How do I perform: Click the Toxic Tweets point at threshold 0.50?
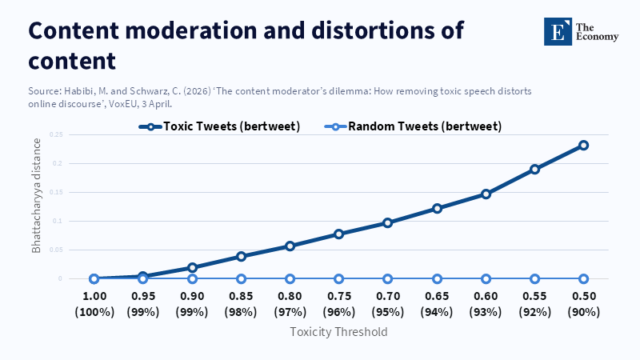pyautogui.click(x=583, y=146)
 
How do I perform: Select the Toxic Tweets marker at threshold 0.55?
pyautogui.click(x=534, y=170)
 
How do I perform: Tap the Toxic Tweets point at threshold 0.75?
pyautogui.click(x=338, y=234)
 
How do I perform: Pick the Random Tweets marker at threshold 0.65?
pyautogui.click(x=437, y=278)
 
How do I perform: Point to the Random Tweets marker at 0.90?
pyautogui.click(x=192, y=278)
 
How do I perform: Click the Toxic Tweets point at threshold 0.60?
pyautogui.click(x=486, y=194)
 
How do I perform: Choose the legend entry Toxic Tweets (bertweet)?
pyautogui.click(x=220, y=126)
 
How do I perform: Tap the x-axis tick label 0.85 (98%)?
pyautogui.click(x=241, y=304)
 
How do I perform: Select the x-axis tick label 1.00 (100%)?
pyautogui.click(x=94, y=304)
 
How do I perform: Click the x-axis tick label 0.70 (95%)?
pyautogui.click(x=388, y=304)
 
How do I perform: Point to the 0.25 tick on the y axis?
pyautogui.click(x=55, y=134)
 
